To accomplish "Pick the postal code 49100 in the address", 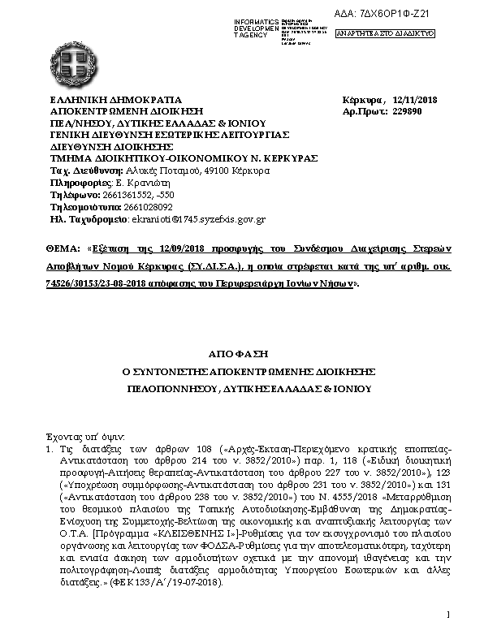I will pos(215,171).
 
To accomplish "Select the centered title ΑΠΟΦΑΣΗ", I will pos(248,354).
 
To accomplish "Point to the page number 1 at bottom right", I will pos(447,616).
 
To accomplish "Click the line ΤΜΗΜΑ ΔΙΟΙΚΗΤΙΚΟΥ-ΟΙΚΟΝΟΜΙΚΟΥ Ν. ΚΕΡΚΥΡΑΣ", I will pos(184,158).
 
